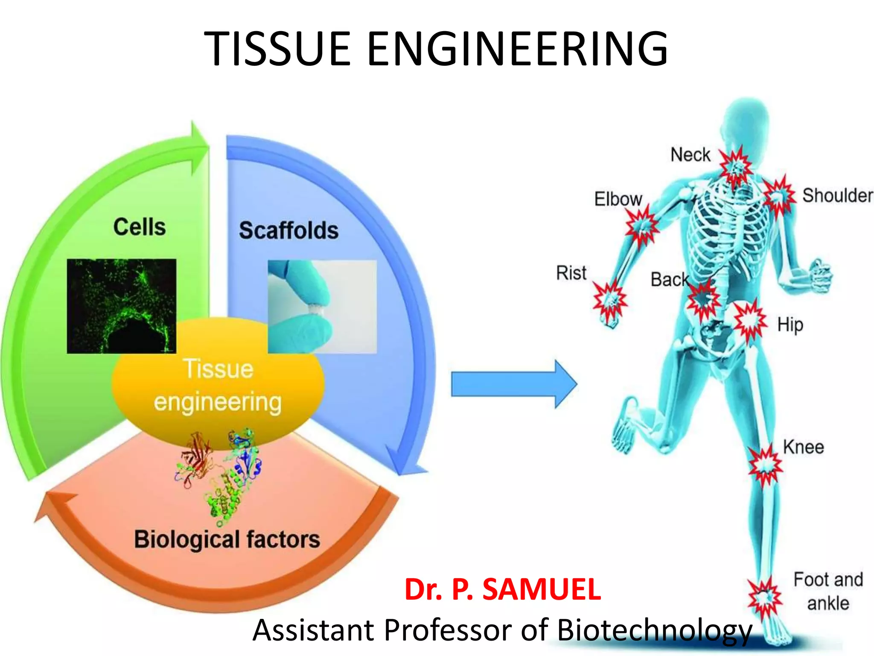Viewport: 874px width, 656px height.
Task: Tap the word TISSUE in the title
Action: click(278, 49)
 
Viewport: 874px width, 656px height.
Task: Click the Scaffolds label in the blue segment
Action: click(288, 231)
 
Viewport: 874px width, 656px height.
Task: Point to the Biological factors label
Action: click(227, 539)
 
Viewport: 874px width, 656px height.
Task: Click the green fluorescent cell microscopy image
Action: click(122, 306)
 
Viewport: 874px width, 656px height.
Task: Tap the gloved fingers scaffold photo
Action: click(322, 307)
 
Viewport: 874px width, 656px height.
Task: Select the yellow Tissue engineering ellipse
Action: click(218, 384)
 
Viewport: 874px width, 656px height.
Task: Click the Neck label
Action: click(690, 155)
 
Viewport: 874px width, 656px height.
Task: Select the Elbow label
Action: click(618, 199)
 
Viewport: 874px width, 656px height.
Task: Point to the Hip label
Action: click(790, 325)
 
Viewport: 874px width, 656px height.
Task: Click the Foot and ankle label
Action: click(828, 592)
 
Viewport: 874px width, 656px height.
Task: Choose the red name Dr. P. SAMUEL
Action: click(502, 589)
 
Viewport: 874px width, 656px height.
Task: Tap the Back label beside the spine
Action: click(669, 280)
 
